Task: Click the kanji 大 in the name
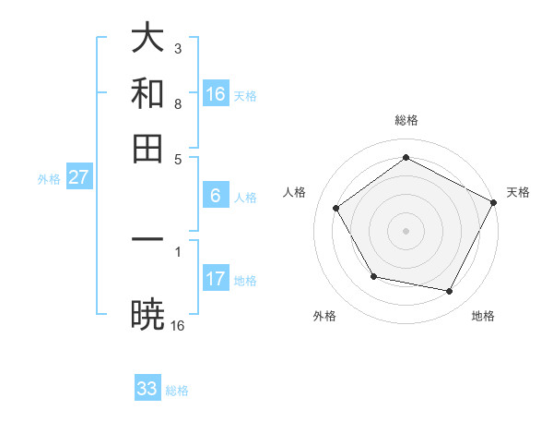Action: (x=148, y=39)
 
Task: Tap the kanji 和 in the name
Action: (x=148, y=93)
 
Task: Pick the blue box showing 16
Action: (x=216, y=94)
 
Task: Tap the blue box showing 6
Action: (x=216, y=196)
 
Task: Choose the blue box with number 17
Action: (x=216, y=279)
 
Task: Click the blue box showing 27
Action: (x=78, y=177)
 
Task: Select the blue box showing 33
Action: (x=147, y=389)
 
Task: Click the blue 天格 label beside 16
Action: (x=245, y=95)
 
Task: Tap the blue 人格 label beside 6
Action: (x=245, y=197)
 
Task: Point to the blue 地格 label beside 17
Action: (x=245, y=280)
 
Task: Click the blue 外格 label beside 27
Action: (x=49, y=178)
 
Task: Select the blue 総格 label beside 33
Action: (x=177, y=391)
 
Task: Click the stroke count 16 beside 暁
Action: (x=178, y=325)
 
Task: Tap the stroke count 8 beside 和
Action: (x=178, y=104)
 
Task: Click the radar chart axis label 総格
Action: (x=406, y=121)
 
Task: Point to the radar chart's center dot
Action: (x=406, y=230)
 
